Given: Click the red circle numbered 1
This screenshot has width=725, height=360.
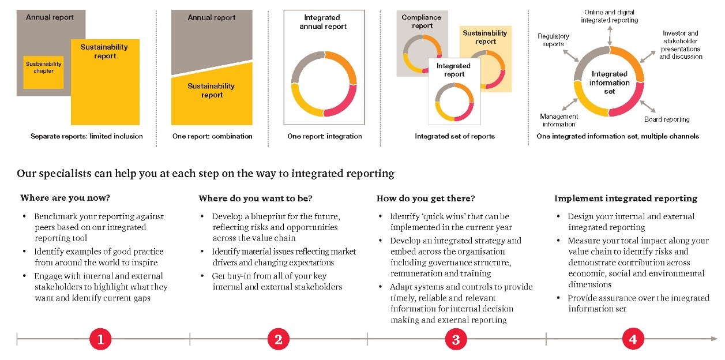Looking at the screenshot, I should (100, 340).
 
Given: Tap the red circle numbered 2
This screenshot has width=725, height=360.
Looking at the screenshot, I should (278, 340).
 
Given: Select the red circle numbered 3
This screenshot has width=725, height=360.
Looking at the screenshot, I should (456, 340).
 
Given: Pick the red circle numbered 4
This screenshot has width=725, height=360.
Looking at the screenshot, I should (633, 340).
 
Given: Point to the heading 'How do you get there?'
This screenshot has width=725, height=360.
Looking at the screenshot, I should (426, 198).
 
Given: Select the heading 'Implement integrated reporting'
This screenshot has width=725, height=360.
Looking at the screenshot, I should (626, 198).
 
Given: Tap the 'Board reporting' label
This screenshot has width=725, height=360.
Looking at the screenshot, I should (667, 119).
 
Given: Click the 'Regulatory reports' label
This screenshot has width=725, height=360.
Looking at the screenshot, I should (553, 40).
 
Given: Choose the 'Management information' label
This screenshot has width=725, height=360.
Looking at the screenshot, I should (559, 120).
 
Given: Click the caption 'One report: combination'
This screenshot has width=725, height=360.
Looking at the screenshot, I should (212, 136).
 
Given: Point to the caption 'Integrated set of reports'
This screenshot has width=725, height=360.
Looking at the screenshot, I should (454, 136).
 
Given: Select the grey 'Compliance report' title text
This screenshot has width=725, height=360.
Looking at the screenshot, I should (422, 21).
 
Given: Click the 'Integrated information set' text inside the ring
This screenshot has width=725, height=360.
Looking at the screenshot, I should (609, 82).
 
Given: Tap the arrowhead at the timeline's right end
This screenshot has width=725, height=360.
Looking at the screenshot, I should (715, 339).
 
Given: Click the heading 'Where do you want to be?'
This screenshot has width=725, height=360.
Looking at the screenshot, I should (256, 198).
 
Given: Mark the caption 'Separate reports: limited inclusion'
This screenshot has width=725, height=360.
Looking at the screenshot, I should (87, 136).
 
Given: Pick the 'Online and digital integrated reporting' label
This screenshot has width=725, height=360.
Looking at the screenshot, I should (610, 16).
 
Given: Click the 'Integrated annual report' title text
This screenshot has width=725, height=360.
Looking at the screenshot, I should (324, 22).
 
